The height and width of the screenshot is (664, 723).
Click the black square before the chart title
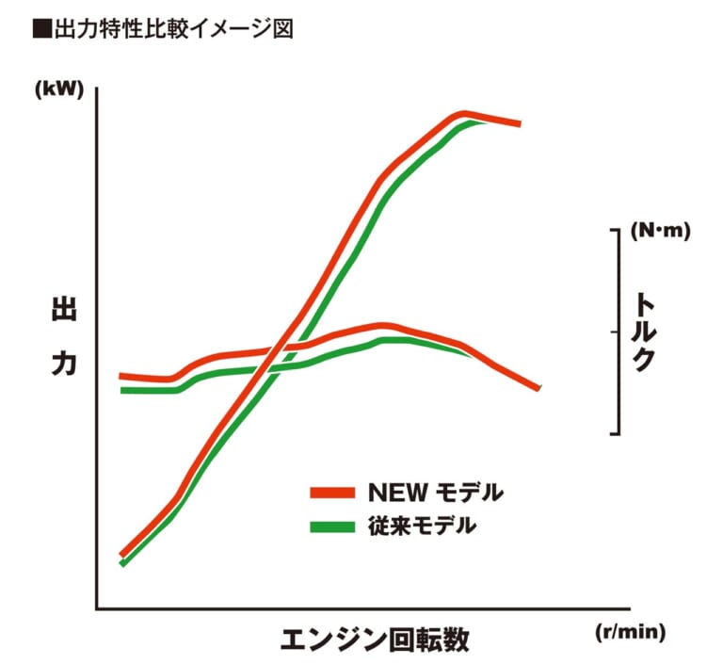pos(40,29)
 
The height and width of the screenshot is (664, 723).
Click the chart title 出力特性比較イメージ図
pos(170,29)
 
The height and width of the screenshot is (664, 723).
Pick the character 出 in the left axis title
pos(63,313)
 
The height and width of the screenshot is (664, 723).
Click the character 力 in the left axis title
pos(63,365)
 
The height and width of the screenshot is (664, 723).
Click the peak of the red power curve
pos(463,114)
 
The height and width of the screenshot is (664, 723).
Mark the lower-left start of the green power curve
pos(122,563)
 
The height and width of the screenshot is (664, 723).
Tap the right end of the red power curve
pos(519,123)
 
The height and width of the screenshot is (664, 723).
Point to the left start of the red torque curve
pos(121,376)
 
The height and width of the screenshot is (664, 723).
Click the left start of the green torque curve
pos(122,389)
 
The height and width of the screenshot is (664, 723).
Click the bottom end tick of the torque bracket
pos(615,433)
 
